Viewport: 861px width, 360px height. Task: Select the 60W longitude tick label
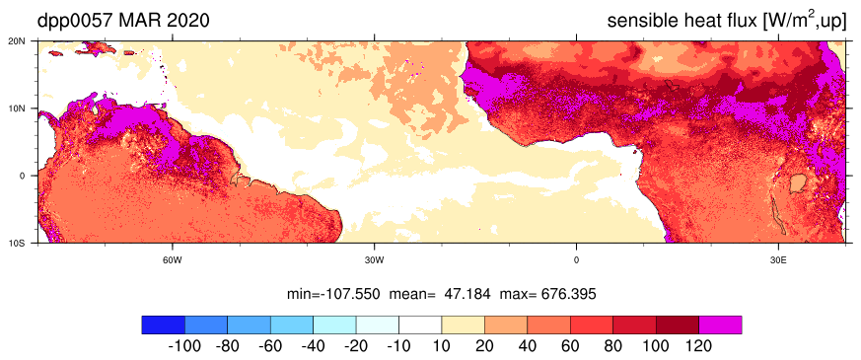coord(173,259)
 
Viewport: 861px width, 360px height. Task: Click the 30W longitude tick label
coord(375,259)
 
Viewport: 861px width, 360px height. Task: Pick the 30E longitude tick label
coord(778,259)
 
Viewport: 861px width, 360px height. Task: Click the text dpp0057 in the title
coord(74,21)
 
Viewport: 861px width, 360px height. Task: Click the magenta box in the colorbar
coord(720,324)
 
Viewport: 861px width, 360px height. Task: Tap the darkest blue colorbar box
coord(163,324)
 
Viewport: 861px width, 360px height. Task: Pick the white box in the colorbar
coord(420,324)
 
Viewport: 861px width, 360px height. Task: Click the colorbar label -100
coord(184,347)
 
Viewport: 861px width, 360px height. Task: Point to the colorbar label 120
coord(699,347)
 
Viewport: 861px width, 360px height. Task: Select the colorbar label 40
coord(527,347)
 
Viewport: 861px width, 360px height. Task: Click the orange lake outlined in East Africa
coord(797,183)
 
